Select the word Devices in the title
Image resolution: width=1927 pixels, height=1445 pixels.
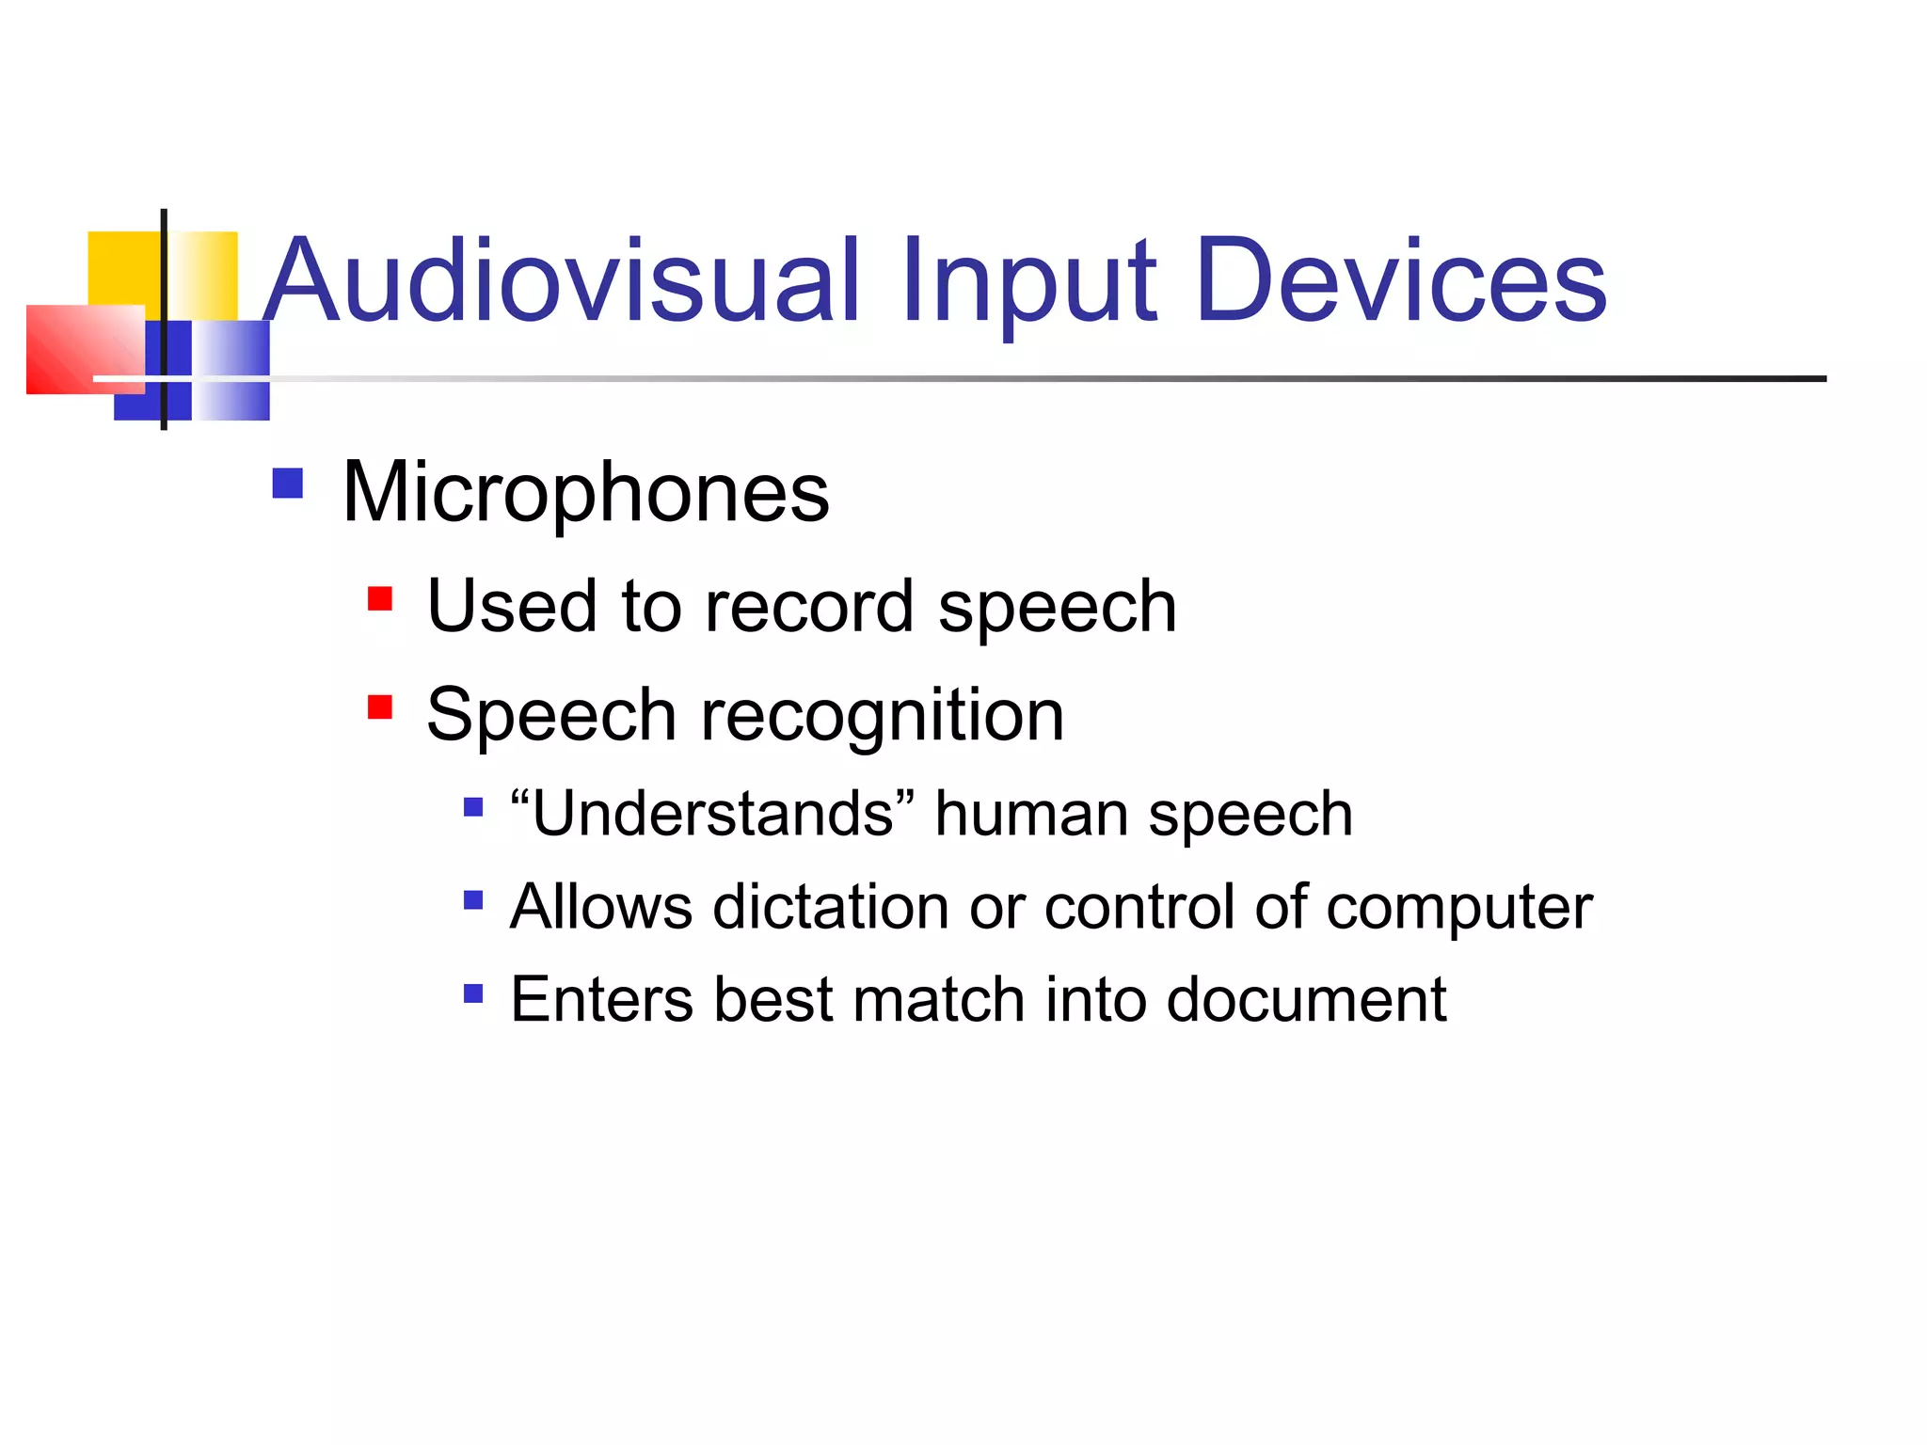coord(1401,281)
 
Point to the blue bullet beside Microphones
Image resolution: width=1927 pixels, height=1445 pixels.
coord(287,484)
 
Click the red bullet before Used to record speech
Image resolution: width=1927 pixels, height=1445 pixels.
coord(380,599)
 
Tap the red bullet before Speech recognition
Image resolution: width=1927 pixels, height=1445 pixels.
coord(380,707)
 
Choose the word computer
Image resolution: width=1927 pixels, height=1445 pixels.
coord(1459,909)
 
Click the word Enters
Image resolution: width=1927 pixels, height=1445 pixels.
coord(602,999)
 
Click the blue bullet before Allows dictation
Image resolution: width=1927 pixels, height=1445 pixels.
coord(473,901)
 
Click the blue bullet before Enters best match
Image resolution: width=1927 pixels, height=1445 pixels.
coord(473,993)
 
